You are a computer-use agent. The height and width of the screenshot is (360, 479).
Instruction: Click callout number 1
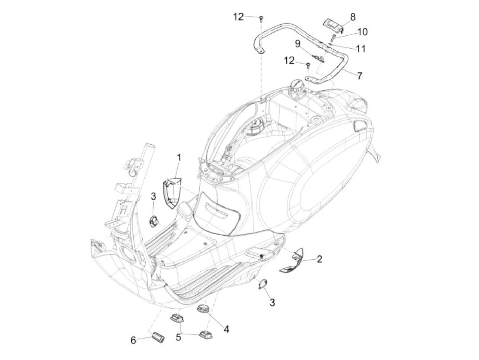point(179,158)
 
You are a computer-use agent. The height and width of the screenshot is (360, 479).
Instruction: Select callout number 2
point(319,259)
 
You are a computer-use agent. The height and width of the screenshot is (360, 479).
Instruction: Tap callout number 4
point(226,329)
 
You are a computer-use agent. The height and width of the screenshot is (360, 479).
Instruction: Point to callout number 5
point(178,337)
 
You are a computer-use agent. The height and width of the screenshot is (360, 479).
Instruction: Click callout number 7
point(359,76)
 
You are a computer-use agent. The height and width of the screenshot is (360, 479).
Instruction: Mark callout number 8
point(353,17)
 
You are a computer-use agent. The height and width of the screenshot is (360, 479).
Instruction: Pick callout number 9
point(297,43)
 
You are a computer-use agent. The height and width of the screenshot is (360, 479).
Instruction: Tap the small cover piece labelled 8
point(332,25)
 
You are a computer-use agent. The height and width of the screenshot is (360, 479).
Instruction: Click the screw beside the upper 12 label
point(261,18)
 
